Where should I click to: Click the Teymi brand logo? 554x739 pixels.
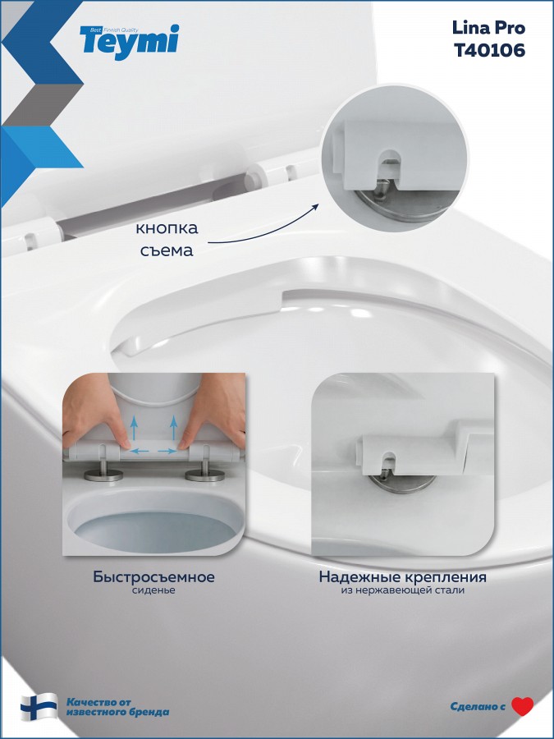pos(130,42)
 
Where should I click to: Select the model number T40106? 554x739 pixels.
pos(489,50)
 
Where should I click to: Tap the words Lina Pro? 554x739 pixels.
pos(488,28)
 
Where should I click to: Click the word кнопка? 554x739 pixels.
pos(167,228)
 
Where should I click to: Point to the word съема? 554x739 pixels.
pos(167,250)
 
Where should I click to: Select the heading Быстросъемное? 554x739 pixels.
pos(154,576)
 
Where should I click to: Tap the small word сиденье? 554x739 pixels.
pos(153,590)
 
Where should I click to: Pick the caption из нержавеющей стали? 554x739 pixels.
pos(403,590)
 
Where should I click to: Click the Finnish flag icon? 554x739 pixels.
pos(39,707)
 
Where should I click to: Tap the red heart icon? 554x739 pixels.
pos(523,706)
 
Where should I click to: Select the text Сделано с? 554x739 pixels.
pos(478,706)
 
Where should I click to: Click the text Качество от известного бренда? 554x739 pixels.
pos(117,707)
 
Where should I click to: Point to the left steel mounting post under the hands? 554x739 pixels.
pos(103,471)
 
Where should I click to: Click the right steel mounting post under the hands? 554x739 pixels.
pos(205,471)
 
